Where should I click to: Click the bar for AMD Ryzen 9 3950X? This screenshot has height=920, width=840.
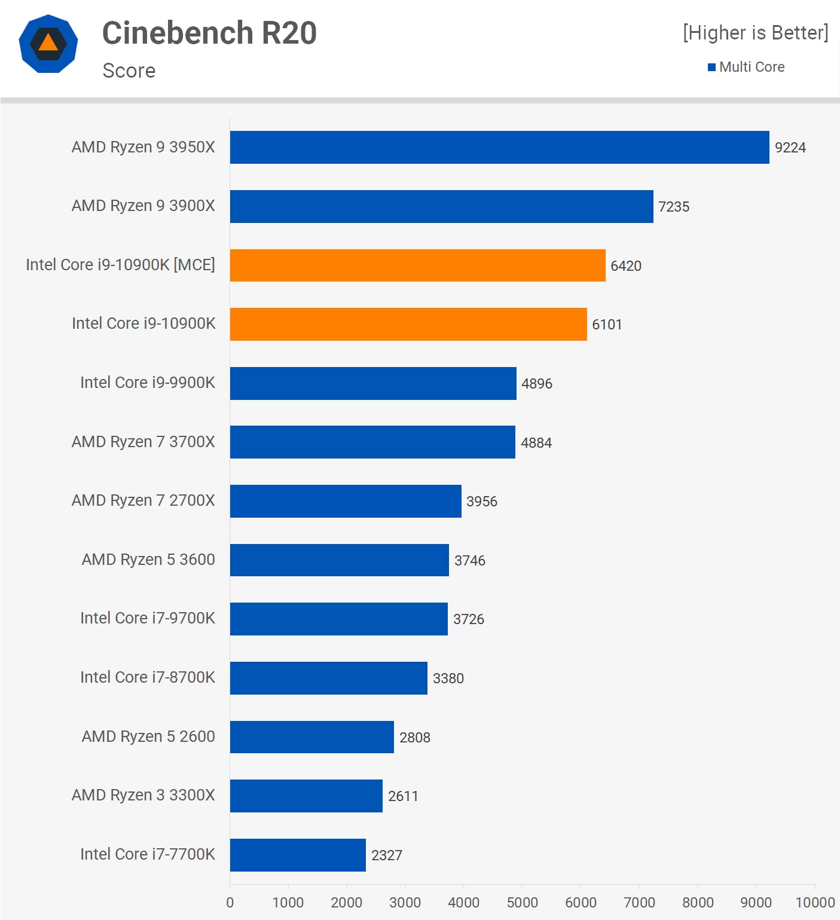[499, 147]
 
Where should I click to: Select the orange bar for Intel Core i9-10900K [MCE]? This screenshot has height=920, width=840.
[417, 265]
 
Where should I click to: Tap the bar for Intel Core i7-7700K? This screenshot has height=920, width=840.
[298, 855]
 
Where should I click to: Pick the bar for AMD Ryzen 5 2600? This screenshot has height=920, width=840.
[311, 737]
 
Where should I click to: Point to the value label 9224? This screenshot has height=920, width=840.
[790, 148]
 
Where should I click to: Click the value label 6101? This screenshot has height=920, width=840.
[607, 325]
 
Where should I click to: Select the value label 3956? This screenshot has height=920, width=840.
[481, 502]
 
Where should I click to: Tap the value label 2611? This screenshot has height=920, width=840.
[403, 796]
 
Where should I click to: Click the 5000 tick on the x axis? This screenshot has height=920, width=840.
[522, 903]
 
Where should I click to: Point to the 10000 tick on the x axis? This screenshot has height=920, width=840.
[815, 903]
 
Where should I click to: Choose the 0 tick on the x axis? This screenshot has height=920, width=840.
[230, 903]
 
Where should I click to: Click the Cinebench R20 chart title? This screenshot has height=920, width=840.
[209, 33]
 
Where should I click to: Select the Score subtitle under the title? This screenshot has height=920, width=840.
[129, 71]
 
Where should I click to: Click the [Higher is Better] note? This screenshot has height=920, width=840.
[756, 33]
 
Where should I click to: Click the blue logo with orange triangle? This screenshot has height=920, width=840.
[48, 44]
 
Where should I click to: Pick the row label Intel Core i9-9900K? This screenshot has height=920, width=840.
[148, 383]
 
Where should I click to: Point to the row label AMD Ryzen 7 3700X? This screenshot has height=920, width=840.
[143, 442]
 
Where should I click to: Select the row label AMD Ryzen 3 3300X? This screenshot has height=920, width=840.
[143, 795]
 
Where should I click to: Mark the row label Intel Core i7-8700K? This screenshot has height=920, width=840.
[148, 677]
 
